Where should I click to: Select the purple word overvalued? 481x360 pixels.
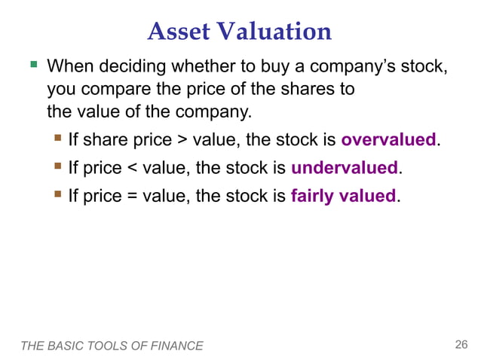coord(388,140)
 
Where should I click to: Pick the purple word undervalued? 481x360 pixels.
coord(345,168)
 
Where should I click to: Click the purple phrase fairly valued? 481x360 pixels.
coord(343,197)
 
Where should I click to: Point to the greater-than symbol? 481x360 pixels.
coord(182,141)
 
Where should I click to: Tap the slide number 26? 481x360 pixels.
coord(461,345)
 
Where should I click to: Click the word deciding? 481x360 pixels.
coord(130,68)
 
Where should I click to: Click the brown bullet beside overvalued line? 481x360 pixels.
coord(58,139)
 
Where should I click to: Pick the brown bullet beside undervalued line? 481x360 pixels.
coord(58,166)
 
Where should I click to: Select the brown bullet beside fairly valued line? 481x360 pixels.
coord(58,195)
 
